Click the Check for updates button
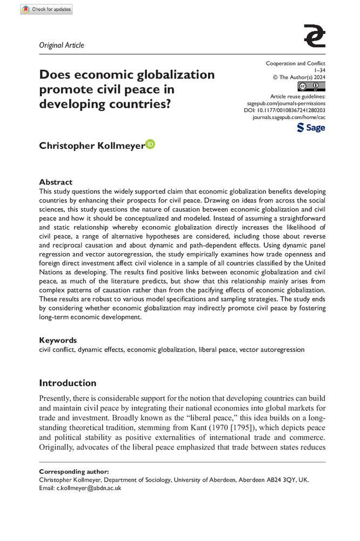pyautogui.click(x=46, y=10)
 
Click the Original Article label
pyautogui.click(x=62, y=45)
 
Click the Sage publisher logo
pyautogui.click(x=311, y=128)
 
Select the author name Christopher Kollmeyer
pyautogui.click(x=91, y=146)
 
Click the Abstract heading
pyautogui.click(x=56, y=182)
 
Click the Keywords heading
pyautogui.click(x=58, y=340)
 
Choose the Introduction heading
pyautogui.click(x=68, y=383)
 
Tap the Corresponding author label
pyautogui.click(x=74, y=472)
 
